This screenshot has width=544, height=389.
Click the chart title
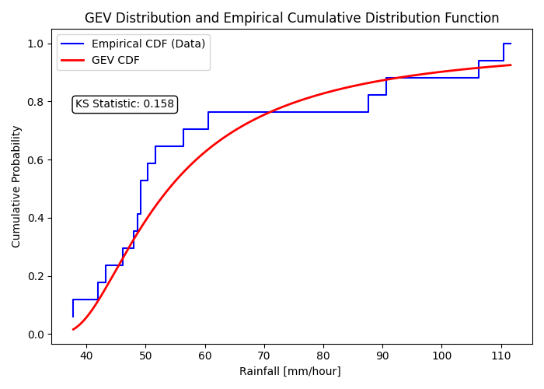click(291, 18)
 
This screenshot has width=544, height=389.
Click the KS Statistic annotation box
click(124, 104)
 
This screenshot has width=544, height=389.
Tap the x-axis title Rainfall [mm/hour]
click(290, 371)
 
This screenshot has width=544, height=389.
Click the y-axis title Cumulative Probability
click(16, 187)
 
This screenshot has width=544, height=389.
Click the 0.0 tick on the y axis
click(37, 335)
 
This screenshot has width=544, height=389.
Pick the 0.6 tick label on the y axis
click(37, 160)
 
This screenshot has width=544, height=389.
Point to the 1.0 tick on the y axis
click(37, 44)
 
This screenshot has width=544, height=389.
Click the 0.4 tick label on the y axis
click(37, 219)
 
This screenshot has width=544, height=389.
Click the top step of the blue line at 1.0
click(507, 44)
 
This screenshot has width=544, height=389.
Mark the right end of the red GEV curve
click(511, 65)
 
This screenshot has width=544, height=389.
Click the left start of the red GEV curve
click(73, 329)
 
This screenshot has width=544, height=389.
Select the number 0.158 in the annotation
click(159, 104)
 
